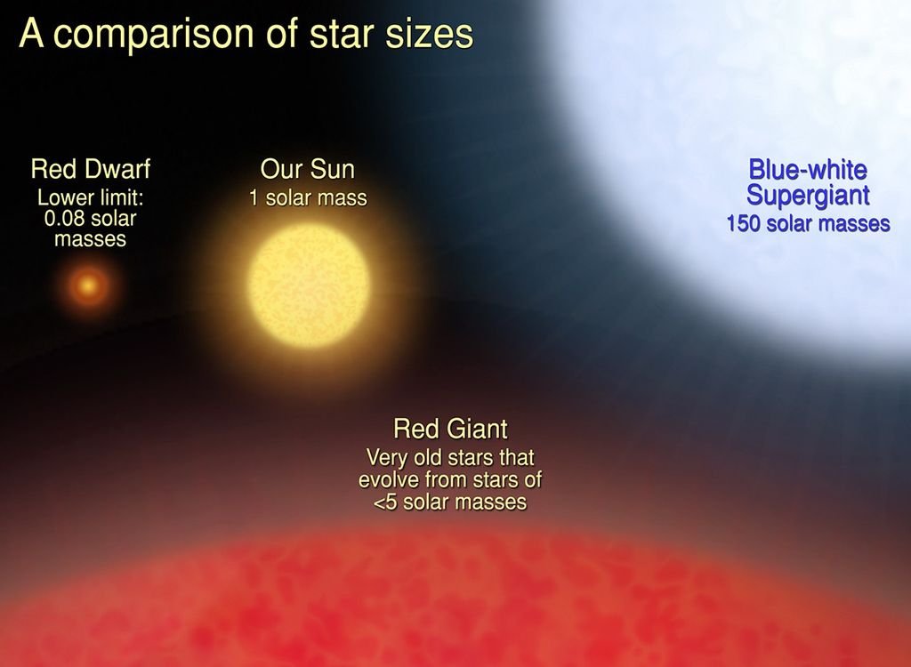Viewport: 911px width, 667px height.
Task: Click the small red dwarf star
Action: pyautogui.click(x=88, y=286)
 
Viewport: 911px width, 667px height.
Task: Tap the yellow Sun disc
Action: pyautogui.click(x=309, y=285)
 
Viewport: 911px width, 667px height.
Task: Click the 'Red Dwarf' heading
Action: pyautogui.click(x=90, y=169)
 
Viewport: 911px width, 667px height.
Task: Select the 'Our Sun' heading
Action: pyautogui.click(x=307, y=169)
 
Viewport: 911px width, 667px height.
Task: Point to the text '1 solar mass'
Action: pyautogui.click(x=308, y=197)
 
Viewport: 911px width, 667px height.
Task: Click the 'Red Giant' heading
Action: pyautogui.click(x=450, y=430)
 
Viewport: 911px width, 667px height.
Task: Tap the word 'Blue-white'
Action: pyautogui.click(x=808, y=169)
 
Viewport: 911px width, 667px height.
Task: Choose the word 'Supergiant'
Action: pyautogui.click(x=808, y=195)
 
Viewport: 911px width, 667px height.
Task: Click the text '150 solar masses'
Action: pyautogui.click(x=808, y=223)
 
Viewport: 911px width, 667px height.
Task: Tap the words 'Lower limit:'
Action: pyautogui.click(x=90, y=197)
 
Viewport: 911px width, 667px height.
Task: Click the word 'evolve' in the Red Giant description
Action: pyautogui.click(x=387, y=480)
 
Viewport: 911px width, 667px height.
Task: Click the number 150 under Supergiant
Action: pyautogui.click(x=744, y=223)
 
